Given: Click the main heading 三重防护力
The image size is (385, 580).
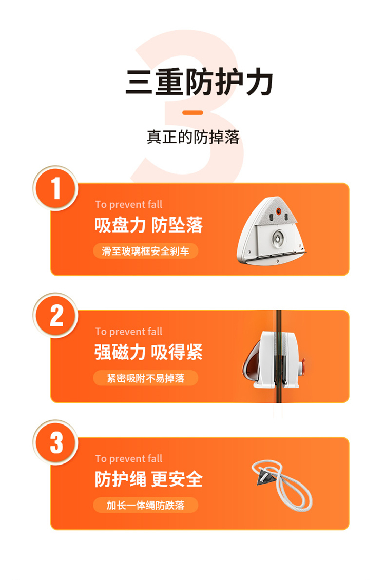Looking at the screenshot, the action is coord(199,82).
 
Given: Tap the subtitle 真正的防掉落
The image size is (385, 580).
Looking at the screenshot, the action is coord(193,137).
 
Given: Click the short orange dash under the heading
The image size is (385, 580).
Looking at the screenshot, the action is coord(192,112).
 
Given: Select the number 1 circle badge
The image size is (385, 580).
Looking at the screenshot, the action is coord(55,188).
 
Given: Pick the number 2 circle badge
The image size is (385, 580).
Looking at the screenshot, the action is coord(55,316).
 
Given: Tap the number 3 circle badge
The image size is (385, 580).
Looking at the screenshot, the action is coord(55,442).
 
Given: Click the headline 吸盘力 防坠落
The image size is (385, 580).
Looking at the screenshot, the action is coord(149,225).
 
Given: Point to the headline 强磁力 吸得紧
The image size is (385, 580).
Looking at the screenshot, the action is coord(149,352).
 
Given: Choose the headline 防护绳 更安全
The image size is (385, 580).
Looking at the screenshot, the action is coord(149,479).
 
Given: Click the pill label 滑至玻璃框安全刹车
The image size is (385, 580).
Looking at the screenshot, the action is coord(145,251).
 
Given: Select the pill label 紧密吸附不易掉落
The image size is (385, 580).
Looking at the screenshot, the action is coord(145,378).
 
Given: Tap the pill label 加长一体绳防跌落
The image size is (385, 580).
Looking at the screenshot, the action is coord(145,505).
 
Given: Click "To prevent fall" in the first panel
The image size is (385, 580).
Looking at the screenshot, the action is coord(129,205).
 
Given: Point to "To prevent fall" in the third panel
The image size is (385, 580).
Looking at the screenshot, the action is coord(129,459).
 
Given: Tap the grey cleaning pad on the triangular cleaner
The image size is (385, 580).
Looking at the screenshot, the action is coord(277,211).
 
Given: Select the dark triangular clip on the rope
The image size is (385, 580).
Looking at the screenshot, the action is coord(265,476).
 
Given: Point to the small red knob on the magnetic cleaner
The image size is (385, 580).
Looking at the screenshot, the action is coord(303,366).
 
